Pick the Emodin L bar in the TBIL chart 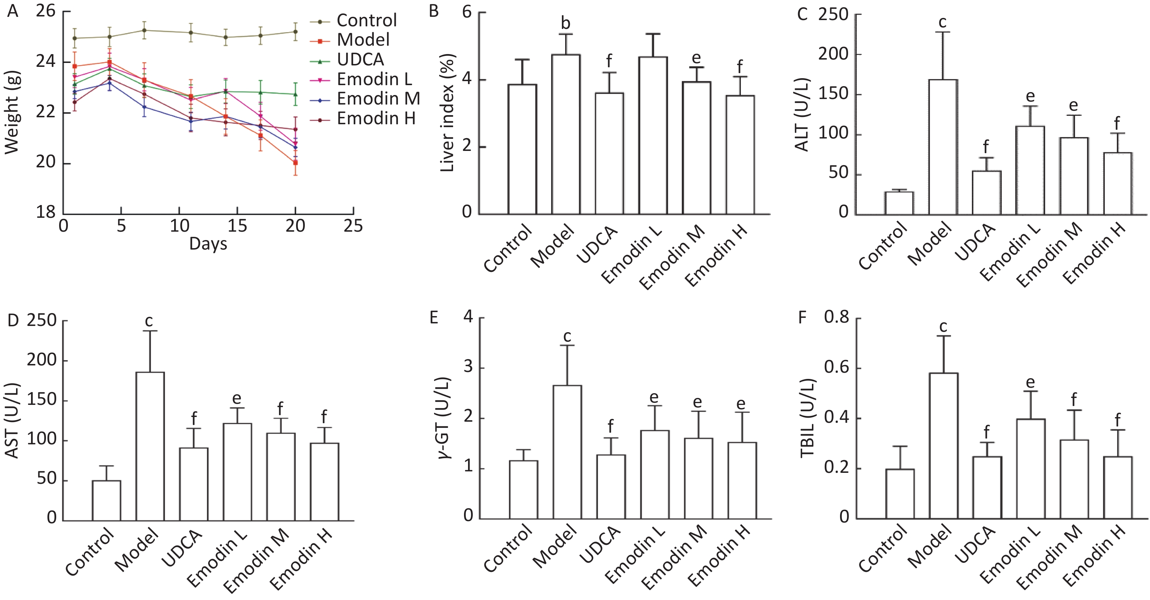(1030, 469)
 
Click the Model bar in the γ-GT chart (567, 452)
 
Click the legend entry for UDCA (360, 60)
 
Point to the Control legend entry (366, 20)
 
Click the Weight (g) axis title (12, 113)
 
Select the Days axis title (208, 244)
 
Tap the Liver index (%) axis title (447, 113)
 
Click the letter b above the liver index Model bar (566, 22)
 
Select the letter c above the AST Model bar (149, 321)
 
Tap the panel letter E (433, 318)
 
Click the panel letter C (802, 14)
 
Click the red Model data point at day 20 (295, 163)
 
